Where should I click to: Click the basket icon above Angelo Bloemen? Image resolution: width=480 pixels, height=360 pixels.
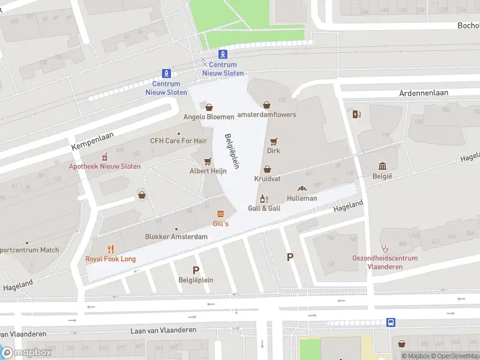coord(209,107)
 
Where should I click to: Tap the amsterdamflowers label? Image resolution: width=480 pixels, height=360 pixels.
coord(267,115)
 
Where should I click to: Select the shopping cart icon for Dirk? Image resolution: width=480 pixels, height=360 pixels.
coord(274,142)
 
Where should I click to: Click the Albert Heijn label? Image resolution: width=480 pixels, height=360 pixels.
coord(208,170)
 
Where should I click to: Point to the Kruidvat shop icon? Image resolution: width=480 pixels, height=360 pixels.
coord(267,170)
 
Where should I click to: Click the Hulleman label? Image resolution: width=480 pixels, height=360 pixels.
coord(302,198)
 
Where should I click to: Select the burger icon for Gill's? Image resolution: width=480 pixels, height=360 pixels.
coord(221,214)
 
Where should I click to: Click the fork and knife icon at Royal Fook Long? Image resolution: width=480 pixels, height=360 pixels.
coord(110,249)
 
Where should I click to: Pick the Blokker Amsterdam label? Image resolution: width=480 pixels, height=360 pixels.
coord(176,237)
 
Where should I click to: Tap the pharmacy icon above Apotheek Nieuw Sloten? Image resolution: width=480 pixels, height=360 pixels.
coord(105,157)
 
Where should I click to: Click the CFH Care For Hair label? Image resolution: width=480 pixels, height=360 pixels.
coord(178,141)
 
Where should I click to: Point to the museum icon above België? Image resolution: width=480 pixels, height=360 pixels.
coord(382,166)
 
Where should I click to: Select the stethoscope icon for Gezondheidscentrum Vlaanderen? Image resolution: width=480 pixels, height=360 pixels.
coord(385,248)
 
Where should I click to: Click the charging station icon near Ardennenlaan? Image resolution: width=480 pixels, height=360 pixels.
coord(358,114)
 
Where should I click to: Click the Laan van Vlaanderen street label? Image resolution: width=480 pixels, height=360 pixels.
coord(164,330)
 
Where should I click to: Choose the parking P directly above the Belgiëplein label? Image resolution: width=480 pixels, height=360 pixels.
coord(196,270)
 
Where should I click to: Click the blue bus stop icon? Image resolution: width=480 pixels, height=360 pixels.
coord(391,322)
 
